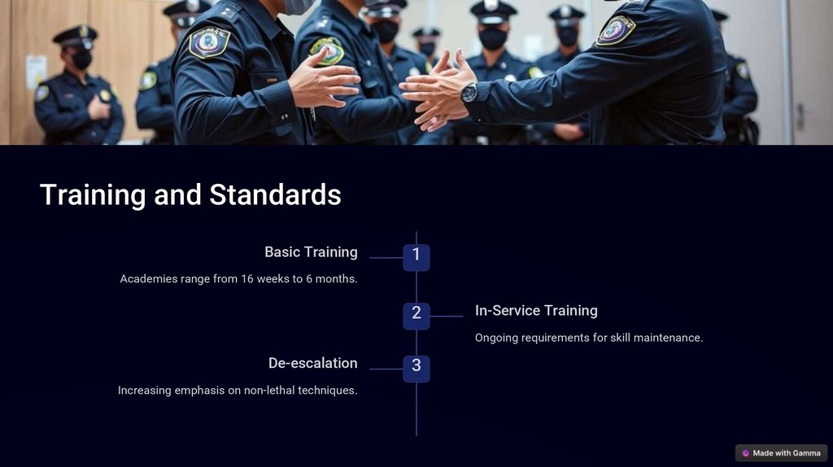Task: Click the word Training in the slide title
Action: point(93,195)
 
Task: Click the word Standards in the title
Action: point(275,194)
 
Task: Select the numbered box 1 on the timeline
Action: point(416,258)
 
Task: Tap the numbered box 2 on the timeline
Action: point(416,316)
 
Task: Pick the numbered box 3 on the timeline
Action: point(416,369)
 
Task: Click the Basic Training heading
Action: point(312,252)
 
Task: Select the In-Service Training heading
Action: point(536,310)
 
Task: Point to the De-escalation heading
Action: point(313,363)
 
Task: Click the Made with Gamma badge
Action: point(782,453)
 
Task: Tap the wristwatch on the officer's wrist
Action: point(469,93)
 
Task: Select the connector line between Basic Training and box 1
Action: point(386,258)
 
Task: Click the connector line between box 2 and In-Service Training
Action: point(447,316)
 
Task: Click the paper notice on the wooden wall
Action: point(36,72)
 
